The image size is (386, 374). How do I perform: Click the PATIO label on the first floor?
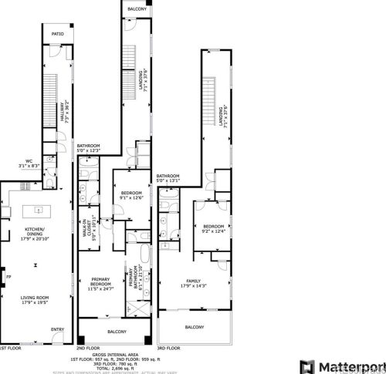pos(57,35)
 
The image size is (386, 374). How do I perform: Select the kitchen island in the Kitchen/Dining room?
pos(36,210)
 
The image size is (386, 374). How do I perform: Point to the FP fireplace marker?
pos(8,276)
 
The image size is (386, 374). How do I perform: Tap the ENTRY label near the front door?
pos(56,330)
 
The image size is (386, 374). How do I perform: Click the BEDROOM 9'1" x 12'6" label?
pos(130,195)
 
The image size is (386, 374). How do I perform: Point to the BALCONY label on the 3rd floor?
pos(194,327)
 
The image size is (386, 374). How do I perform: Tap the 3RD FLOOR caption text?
pos(171,349)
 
